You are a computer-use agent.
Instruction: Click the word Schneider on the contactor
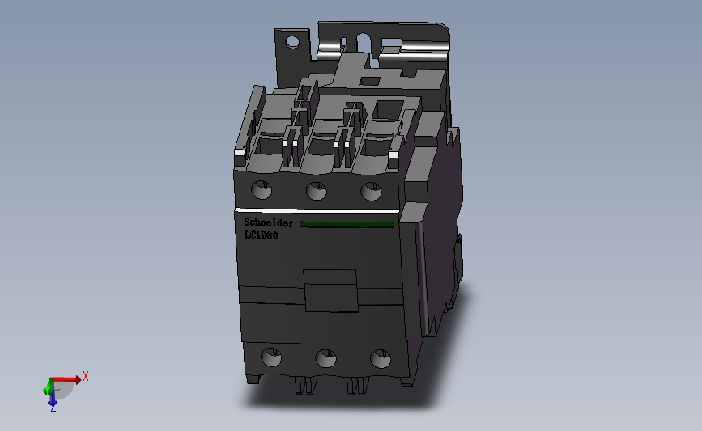coord(268,223)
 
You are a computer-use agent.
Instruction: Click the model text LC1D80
coord(261,235)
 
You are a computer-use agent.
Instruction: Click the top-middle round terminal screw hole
coord(316,191)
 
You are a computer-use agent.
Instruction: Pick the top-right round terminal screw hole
coord(370,191)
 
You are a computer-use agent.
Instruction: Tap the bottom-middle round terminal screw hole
coord(325,357)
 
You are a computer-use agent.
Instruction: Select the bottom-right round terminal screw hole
coord(378,357)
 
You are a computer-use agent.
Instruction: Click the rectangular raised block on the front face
coord(330,289)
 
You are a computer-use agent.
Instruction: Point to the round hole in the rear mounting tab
coord(291,41)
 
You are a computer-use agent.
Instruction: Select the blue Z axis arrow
coord(52,395)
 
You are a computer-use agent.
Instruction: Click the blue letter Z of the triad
coord(53,409)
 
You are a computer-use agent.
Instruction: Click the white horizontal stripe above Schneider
coord(316,212)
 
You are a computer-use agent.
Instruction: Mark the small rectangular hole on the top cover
coord(368,80)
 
